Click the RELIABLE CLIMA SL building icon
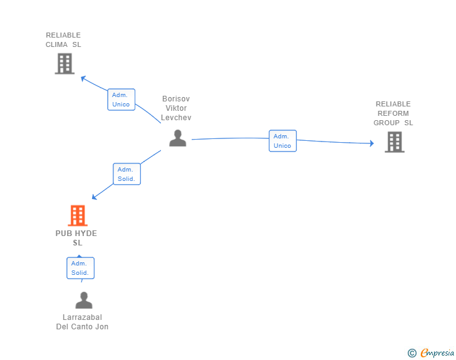pos(65,63)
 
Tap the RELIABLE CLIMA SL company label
pos(63,40)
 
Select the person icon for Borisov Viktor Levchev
pos(178,138)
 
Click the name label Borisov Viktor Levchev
pos(176,108)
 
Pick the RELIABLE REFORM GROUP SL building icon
pos(395,142)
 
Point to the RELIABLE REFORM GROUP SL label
pos(393,113)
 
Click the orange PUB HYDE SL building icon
pos(78,215)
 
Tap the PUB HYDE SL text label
pos(76,238)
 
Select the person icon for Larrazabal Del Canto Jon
pos(84,300)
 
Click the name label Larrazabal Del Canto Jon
pos(82,322)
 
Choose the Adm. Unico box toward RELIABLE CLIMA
pos(122,100)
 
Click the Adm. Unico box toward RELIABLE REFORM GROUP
pos(282,141)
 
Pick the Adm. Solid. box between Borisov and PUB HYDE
pos(127,174)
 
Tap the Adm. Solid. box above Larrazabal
pos(80,268)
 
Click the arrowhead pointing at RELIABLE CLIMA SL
pos(83,78)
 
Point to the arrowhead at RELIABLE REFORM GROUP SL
pos(371,143)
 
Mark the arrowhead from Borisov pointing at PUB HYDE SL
pos(94,197)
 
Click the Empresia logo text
pos(437,352)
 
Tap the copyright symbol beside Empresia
pos(412,353)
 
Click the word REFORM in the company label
pos(393,113)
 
